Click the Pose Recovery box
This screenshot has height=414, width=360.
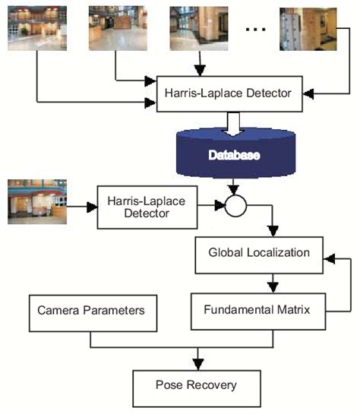click(x=201, y=385)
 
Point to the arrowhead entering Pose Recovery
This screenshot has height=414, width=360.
click(x=200, y=362)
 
